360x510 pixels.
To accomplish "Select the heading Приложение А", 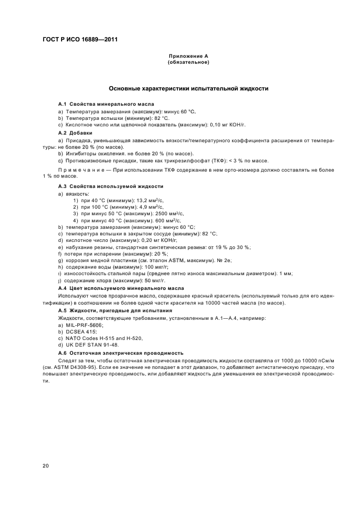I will tap(188, 56).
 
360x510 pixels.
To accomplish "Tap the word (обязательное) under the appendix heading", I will tap(188, 62).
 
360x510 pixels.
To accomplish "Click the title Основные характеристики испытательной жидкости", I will tap(188, 88).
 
